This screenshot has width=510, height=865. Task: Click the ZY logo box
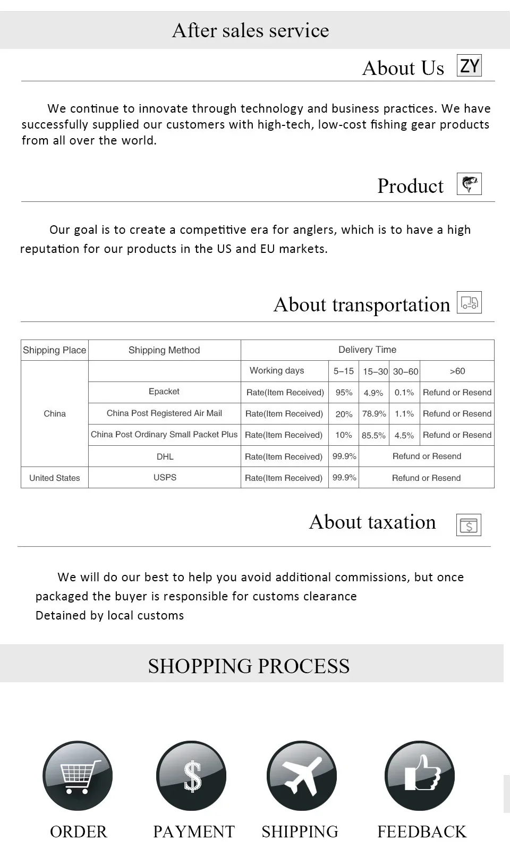pyautogui.click(x=469, y=66)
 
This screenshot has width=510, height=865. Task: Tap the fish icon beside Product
pyautogui.click(x=469, y=184)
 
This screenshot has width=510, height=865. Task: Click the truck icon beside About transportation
pyautogui.click(x=469, y=302)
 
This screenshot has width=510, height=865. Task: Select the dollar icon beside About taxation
pyautogui.click(x=469, y=525)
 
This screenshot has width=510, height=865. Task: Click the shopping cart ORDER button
pyautogui.click(x=78, y=776)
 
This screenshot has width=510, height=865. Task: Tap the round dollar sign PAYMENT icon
pyautogui.click(x=191, y=776)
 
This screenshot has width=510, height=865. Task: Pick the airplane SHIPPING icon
pyautogui.click(x=302, y=776)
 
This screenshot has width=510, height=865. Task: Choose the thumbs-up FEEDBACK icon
pyautogui.click(x=420, y=776)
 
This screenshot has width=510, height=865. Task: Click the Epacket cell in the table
pyautogui.click(x=164, y=392)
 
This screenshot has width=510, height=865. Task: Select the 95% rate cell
pyautogui.click(x=344, y=393)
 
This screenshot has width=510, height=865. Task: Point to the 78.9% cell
pyautogui.click(x=374, y=414)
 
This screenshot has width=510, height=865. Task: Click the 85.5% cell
pyautogui.click(x=373, y=435)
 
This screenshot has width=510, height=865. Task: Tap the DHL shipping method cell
pyautogui.click(x=165, y=456)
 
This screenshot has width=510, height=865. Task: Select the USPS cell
pyautogui.click(x=165, y=478)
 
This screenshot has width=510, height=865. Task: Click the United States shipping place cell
pyautogui.click(x=54, y=478)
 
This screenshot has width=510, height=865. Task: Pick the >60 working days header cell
pyautogui.click(x=457, y=371)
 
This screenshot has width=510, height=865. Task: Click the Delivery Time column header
pyautogui.click(x=367, y=350)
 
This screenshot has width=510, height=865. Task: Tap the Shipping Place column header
pyautogui.click(x=54, y=350)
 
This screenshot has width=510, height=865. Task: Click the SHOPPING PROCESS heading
pyautogui.click(x=249, y=666)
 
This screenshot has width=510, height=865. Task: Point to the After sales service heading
pyautogui.click(x=250, y=30)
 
